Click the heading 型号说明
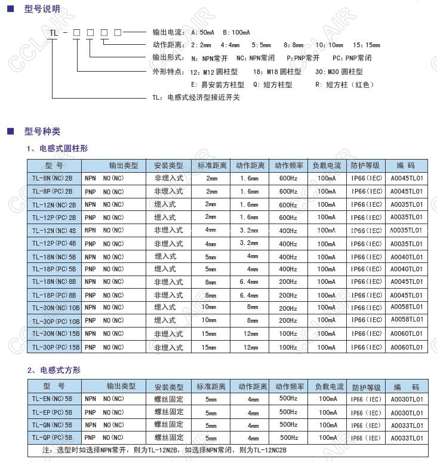tap(42, 10)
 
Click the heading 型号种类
tap(42, 131)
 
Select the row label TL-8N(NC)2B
tap(53, 178)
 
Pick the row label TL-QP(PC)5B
tap(52, 438)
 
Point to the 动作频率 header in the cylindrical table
tap(288, 166)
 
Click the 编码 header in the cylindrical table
tap(407, 166)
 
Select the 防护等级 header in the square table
tap(366, 387)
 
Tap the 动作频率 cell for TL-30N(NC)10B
tap(288, 308)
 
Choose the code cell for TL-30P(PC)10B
tap(407, 320)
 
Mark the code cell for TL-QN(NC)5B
tap(407, 426)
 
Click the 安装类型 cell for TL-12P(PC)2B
tap(165, 217)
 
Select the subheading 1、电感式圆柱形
tap(57, 148)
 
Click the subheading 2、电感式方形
tap(54, 371)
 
